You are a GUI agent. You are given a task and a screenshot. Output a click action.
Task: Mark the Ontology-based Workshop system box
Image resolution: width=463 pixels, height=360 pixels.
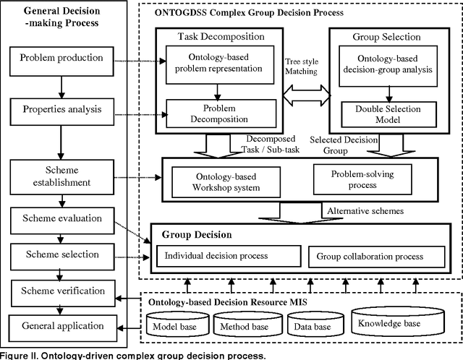pyautogui.click(x=228, y=183)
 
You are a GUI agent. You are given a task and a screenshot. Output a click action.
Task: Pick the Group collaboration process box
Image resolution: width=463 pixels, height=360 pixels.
pyautogui.click(x=365, y=256)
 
